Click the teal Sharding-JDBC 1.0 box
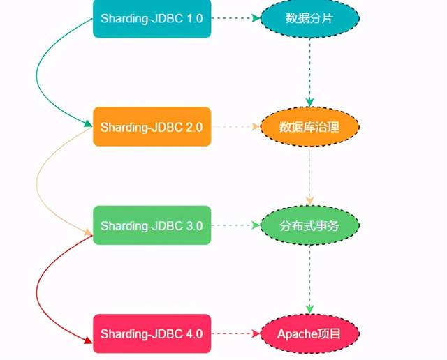coord(152,19)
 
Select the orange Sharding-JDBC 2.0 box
coord(152,127)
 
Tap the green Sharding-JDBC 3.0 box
coord(152,225)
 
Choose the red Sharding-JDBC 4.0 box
coord(152,333)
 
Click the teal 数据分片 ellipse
coord(309,19)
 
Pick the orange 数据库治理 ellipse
coord(309,127)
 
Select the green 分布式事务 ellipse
coord(309,225)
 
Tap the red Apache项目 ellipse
coord(309,333)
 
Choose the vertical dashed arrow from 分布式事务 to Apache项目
coord(310,279)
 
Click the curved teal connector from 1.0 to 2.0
coord(38,70)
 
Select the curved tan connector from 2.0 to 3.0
coord(38,178)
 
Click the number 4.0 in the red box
coord(193,333)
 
